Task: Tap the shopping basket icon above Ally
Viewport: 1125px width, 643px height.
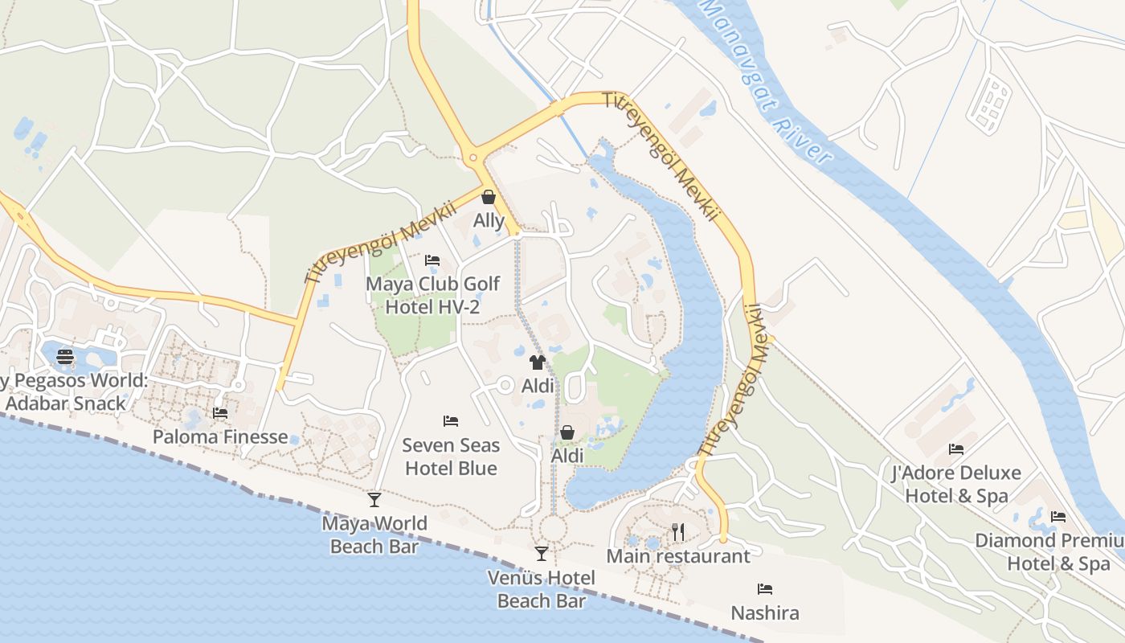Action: coord(489,197)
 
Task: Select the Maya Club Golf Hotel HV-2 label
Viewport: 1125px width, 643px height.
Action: coord(432,295)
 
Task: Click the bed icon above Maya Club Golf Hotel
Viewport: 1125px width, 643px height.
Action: coord(432,260)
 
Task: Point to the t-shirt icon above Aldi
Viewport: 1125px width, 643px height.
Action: coord(538,362)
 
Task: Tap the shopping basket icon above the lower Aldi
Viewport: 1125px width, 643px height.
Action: coord(567,432)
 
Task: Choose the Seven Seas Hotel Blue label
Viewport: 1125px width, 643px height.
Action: coord(451,457)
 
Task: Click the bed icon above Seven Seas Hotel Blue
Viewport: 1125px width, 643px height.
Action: coord(451,421)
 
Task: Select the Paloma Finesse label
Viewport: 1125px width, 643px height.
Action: coord(220,436)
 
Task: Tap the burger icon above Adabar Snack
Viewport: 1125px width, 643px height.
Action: coord(65,357)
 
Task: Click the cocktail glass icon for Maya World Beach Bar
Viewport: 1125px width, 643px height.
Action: coord(374,500)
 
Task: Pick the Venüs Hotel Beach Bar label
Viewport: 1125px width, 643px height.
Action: coord(542,589)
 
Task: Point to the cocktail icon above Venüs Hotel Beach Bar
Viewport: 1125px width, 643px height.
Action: coord(542,554)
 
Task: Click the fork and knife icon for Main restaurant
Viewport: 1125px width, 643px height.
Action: coord(678,531)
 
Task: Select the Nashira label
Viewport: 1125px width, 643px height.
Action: coord(765,613)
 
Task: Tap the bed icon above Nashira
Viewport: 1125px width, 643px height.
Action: coord(765,589)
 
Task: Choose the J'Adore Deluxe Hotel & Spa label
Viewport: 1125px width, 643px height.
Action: coord(956,484)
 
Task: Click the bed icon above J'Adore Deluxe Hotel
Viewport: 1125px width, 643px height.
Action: coord(956,448)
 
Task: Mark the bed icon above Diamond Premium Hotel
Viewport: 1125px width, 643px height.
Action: coord(1058,517)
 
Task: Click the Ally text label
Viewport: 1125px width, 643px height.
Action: coord(489,220)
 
